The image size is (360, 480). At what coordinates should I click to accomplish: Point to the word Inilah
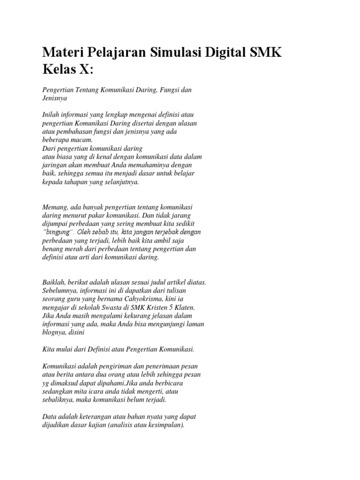(52, 115)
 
